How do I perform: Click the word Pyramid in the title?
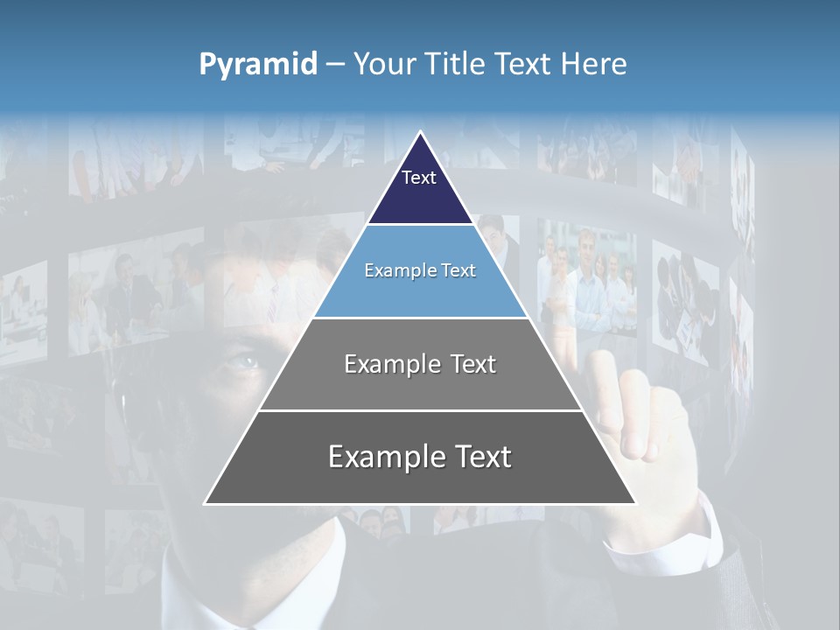[258, 65]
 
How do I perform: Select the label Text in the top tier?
[419, 178]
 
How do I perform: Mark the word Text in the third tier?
[473, 365]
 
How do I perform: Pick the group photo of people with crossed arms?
[587, 280]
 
